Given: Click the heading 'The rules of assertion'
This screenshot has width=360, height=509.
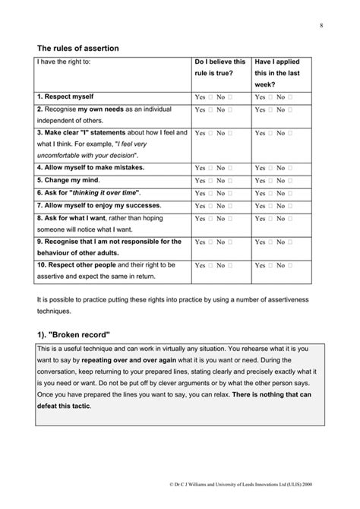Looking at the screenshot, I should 77,48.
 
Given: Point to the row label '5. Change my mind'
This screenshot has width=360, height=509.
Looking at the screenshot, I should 69,180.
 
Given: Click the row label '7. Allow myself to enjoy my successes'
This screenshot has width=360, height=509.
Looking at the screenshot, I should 98,206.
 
